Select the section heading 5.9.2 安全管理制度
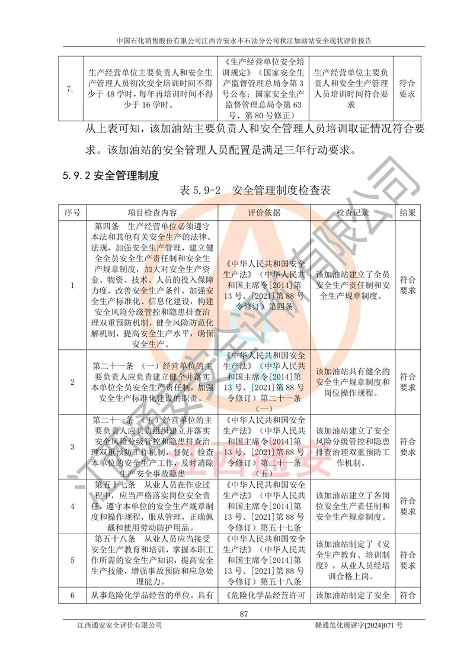[x=111, y=176]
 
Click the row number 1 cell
[x=72, y=285]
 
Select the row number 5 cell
[x=72, y=559]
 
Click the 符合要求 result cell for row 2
[x=408, y=381]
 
